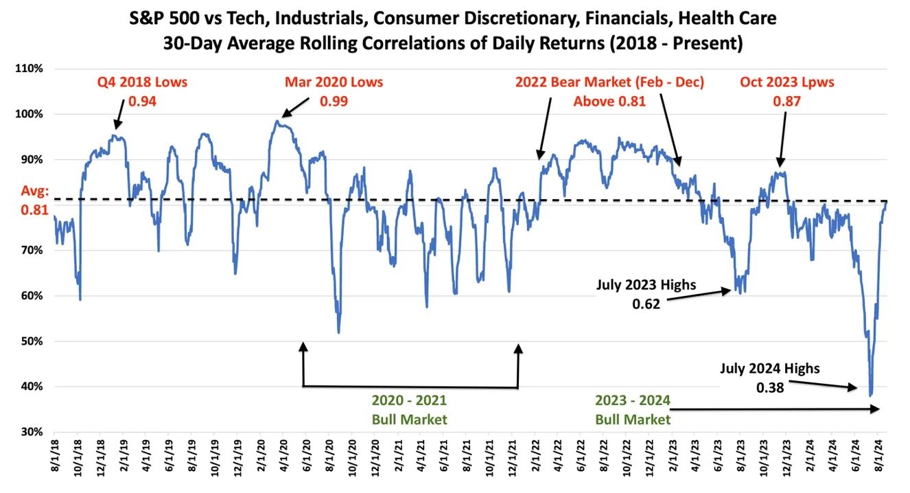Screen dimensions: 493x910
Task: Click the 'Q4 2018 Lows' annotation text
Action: tap(141, 82)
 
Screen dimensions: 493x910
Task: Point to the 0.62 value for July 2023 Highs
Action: tap(646, 303)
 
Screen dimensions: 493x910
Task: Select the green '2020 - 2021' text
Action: tap(409, 401)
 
